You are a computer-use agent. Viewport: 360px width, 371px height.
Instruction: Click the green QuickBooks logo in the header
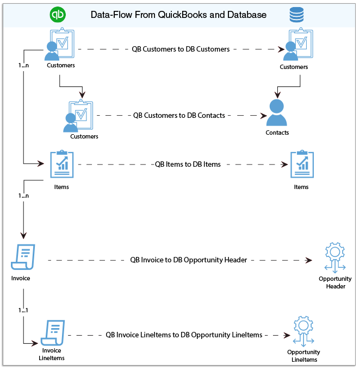coord(57,15)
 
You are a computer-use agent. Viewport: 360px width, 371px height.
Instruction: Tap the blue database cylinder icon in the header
coord(296,15)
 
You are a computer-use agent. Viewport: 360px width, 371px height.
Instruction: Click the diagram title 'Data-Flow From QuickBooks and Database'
coord(178,15)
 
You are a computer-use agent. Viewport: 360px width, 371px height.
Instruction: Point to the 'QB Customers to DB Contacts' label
coord(179,116)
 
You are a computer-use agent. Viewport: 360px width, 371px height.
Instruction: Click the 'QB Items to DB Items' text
coord(188,164)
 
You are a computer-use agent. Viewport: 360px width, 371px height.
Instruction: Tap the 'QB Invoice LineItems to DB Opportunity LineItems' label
coord(184,335)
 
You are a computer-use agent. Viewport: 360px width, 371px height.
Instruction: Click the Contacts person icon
coord(276,112)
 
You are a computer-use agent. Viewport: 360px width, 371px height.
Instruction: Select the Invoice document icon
coord(23,257)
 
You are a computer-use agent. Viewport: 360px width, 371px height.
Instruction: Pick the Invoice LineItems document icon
coord(54,333)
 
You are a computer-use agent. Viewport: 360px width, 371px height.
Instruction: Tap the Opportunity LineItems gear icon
coord(302,332)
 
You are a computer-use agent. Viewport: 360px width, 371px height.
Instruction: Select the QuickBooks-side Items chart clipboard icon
coord(61,164)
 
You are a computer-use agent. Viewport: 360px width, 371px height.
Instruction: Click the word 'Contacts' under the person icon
coord(277,133)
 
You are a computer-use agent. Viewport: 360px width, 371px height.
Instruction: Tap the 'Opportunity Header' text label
coord(336,282)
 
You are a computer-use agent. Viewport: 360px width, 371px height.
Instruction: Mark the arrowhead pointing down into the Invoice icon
coord(23,236)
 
